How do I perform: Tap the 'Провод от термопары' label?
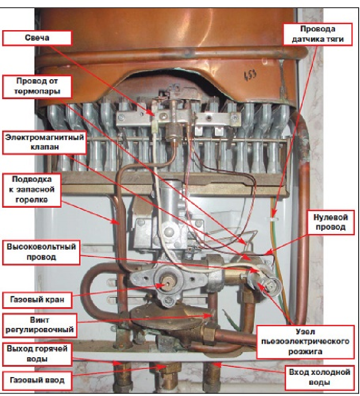(x=38, y=86)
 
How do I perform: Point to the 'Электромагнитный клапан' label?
(x=45, y=142)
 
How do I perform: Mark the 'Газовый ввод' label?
(x=38, y=380)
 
